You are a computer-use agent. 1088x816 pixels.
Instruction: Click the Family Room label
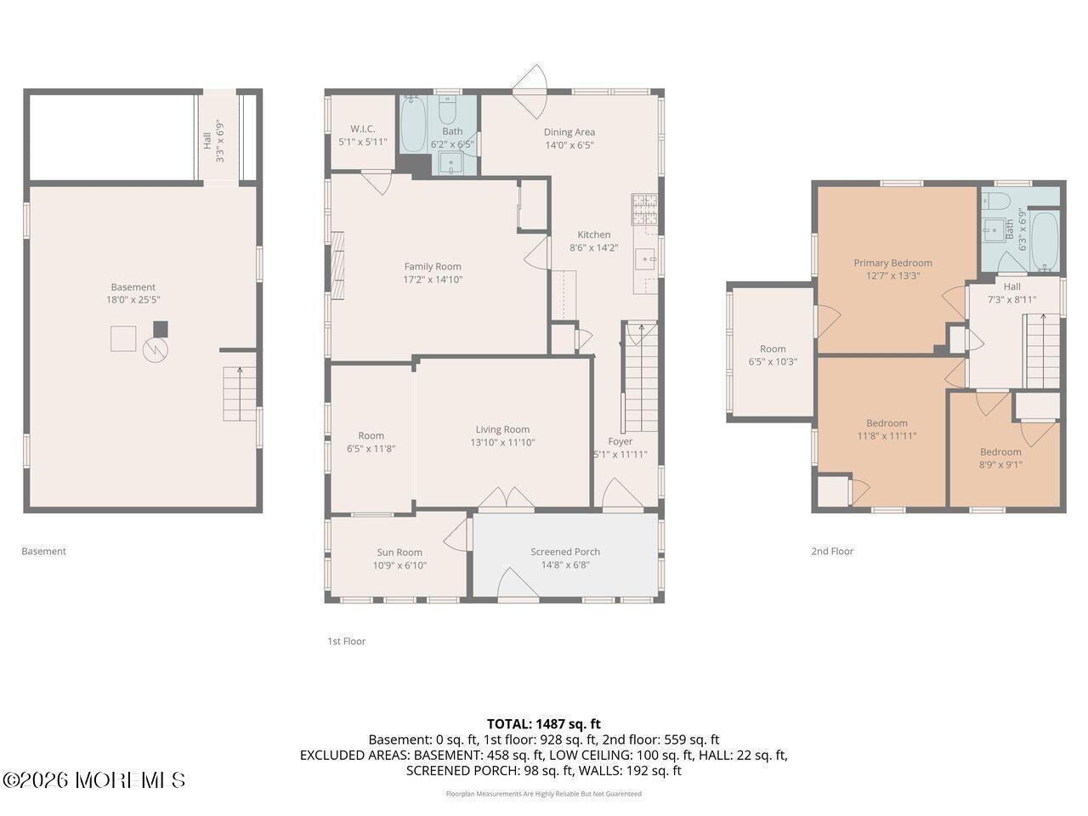pyautogui.click(x=433, y=267)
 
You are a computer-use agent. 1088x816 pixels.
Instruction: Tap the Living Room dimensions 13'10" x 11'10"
pyautogui.click(x=502, y=443)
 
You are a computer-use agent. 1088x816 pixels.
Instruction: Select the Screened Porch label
pyautogui.click(x=565, y=552)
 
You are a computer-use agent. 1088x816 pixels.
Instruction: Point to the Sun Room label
pyautogui.click(x=399, y=552)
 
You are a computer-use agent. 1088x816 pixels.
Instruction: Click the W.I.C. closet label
pyautogui.click(x=363, y=129)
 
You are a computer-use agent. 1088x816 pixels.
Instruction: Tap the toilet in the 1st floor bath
pyautogui.click(x=447, y=109)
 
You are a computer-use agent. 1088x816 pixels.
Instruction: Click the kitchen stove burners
pyautogui.click(x=644, y=209)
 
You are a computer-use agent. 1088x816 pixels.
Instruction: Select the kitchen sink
pyautogui.click(x=646, y=258)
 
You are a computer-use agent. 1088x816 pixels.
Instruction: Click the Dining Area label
pyautogui.click(x=569, y=133)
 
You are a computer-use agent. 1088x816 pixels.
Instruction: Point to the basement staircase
pyautogui.click(x=240, y=394)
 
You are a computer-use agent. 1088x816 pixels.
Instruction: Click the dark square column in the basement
pyautogui.click(x=160, y=329)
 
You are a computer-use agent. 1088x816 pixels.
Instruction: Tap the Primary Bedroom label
pyautogui.click(x=892, y=263)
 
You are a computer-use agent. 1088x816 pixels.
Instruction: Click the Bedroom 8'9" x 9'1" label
pyautogui.click(x=1000, y=452)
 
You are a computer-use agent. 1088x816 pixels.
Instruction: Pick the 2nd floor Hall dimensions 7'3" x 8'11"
pyautogui.click(x=1011, y=300)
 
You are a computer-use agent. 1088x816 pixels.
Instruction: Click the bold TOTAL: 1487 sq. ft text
pyautogui.click(x=544, y=724)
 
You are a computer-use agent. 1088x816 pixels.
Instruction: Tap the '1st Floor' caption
pyautogui.click(x=347, y=641)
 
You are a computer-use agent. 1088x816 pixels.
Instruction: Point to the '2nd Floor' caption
pyautogui.click(x=832, y=551)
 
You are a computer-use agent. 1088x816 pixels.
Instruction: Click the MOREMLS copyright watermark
pyautogui.click(x=93, y=780)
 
